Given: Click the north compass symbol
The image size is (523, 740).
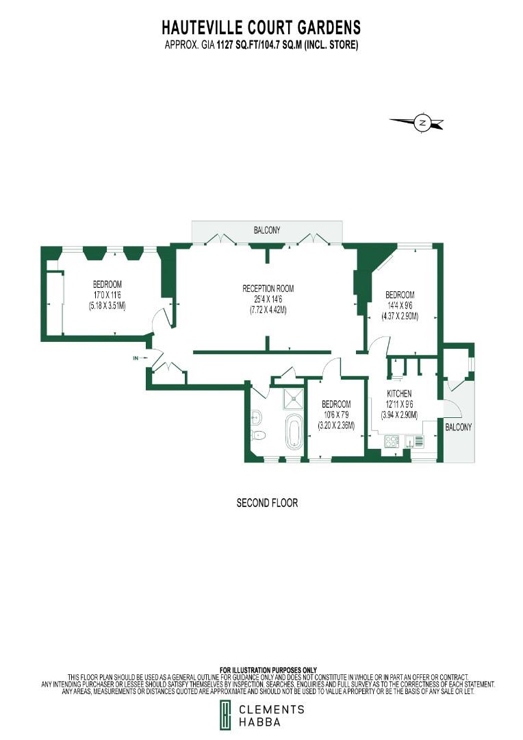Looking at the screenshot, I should pyautogui.click(x=422, y=123).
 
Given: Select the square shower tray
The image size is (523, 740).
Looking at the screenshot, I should pyautogui.click(x=294, y=398).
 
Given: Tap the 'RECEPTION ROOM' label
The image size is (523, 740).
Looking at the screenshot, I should pyautogui.click(x=268, y=288).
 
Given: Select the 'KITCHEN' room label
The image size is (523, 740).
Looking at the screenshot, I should pyautogui.click(x=399, y=394).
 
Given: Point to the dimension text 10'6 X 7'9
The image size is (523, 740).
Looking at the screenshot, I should pyautogui.click(x=335, y=415).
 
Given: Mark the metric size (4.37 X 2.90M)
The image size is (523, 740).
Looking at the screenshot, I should pyautogui.click(x=400, y=316).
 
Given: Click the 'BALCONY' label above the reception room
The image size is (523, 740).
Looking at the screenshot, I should pyautogui.click(x=267, y=231).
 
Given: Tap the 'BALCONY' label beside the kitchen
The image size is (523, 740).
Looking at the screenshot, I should pyautogui.click(x=458, y=427).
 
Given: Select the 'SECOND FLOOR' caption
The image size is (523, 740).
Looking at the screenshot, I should pyautogui.click(x=267, y=503).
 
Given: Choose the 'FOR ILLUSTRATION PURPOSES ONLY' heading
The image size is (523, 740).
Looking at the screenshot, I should pyautogui.click(x=268, y=669).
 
